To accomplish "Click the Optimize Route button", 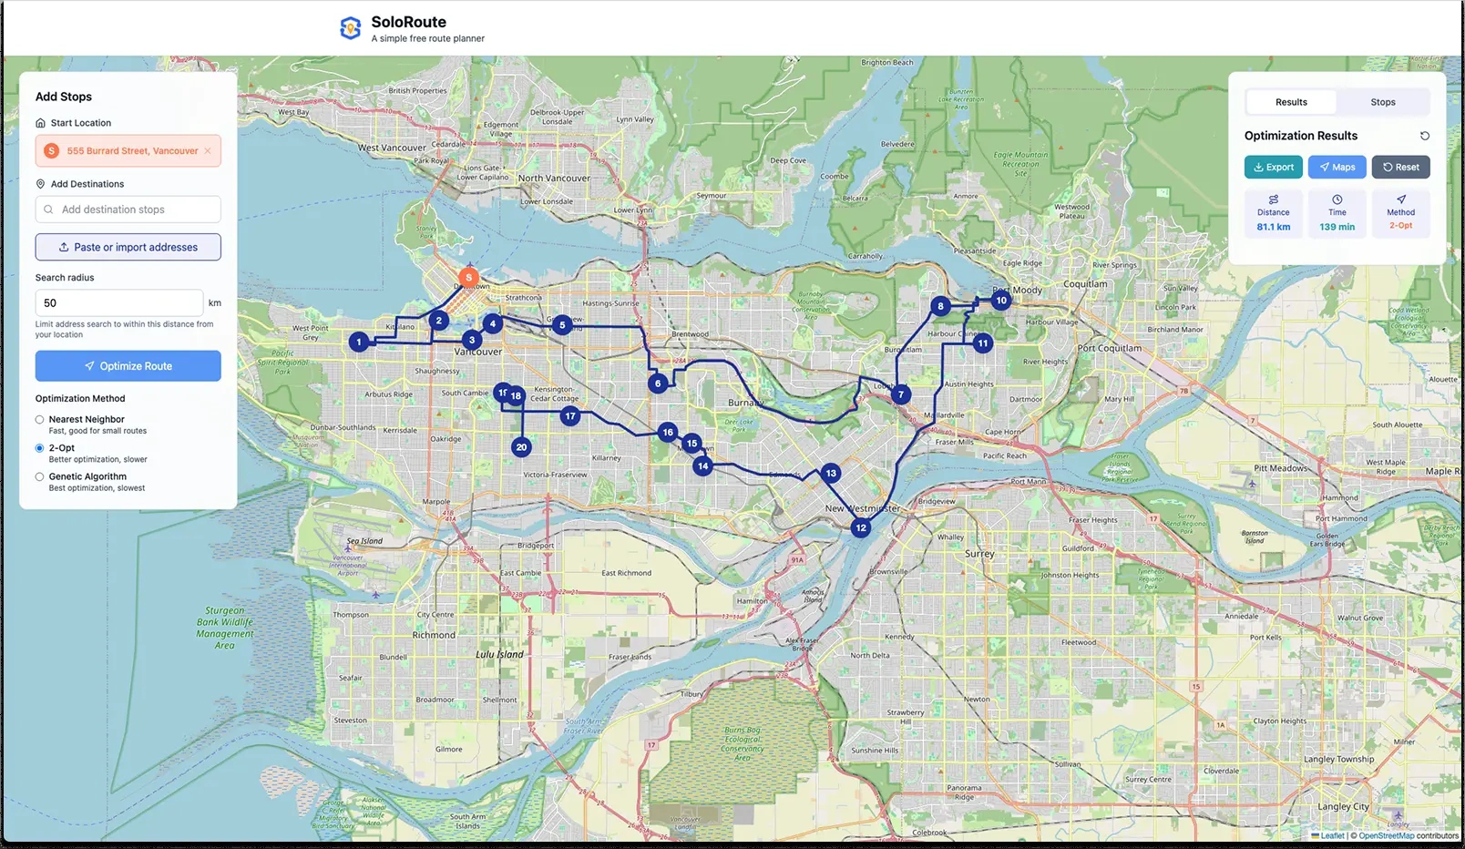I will pyautogui.click(x=128, y=366).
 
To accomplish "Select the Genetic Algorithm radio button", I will pyautogui.click(x=39, y=476).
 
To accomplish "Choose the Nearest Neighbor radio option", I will pyautogui.click(x=39, y=420).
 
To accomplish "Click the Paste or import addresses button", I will pyautogui.click(x=128, y=247).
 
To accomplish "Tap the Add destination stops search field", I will pyautogui.click(x=128, y=210).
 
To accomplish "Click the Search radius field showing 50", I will pyautogui.click(x=118, y=302).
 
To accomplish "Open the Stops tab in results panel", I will pyautogui.click(x=1382, y=102).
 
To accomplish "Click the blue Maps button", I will pyautogui.click(x=1337, y=167).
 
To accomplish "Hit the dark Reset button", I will pyautogui.click(x=1400, y=167).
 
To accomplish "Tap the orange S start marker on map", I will pyautogui.click(x=468, y=277).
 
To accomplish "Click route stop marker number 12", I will pyautogui.click(x=861, y=527).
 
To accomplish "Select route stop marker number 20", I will pyautogui.click(x=521, y=447).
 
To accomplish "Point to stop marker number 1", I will pyautogui.click(x=359, y=342).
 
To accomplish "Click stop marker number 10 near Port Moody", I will pyautogui.click(x=1001, y=300).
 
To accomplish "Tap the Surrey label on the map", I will pyautogui.click(x=979, y=554).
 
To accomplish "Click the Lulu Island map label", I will pyautogui.click(x=499, y=654).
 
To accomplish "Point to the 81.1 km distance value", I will pyautogui.click(x=1273, y=227).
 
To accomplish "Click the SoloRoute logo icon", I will pyautogui.click(x=350, y=28).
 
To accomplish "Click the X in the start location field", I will pyautogui.click(x=208, y=151).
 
